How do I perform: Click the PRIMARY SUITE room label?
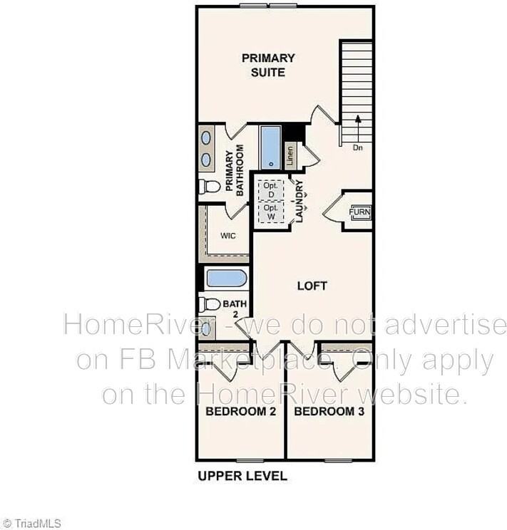coord(267,65)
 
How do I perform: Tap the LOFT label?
coord(312,286)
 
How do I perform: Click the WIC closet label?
coord(227,235)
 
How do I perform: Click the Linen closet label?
coord(290,155)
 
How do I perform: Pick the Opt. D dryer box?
coord(270,189)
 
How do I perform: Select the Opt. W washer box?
coord(270,212)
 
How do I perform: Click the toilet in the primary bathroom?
coord(210,187)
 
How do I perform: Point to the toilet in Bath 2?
coord(210,304)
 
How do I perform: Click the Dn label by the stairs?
coord(358,148)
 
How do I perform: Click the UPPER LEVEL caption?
coord(242,476)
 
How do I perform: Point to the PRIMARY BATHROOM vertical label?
coord(235,170)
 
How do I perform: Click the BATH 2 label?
coord(235,308)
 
